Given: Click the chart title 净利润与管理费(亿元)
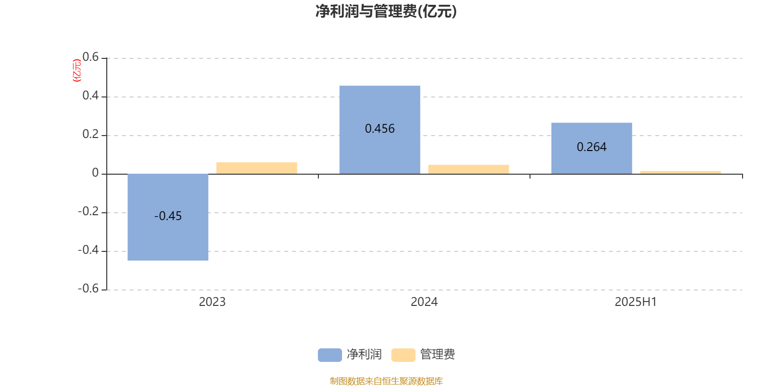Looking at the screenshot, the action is tap(386, 12).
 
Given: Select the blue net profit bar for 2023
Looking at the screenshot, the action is tap(168, 217).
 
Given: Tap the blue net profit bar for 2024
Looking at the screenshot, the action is tap(380, 130).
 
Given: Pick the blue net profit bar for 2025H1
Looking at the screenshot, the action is tap(592, 148).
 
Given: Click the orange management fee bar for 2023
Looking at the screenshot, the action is tap(257, 168).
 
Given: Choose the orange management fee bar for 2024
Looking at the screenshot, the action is tap(469, 169).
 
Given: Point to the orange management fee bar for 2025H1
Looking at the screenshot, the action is tap(681, 172).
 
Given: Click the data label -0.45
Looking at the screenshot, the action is tap(168, 216).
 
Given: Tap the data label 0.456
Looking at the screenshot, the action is tap(380, 128).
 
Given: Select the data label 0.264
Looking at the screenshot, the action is tap(591, 147).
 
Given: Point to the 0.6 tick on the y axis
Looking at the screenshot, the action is tap(90, 57).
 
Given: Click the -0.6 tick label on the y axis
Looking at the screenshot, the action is tap(88, 289).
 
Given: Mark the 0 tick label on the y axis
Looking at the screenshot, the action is tap(95, 173).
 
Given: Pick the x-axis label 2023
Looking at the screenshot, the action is tap(212, 302).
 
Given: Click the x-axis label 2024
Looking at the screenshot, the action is tap(424, 302).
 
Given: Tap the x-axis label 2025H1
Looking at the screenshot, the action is tap(636, 302).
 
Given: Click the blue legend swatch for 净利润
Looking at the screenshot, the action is tap(330, 355).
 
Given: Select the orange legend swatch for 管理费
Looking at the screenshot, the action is tap(403, 355).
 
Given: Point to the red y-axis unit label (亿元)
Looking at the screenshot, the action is tap(77, 70).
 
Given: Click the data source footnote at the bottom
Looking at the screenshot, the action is tap(386, 381).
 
